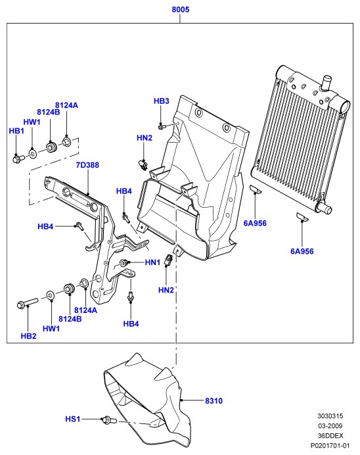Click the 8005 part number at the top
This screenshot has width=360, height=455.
[180, 10]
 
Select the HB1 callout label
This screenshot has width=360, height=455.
[16, 131]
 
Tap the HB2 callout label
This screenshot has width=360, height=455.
[28, 336]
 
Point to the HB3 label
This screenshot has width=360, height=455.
[161, 101]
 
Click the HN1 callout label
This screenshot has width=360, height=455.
[152, 262]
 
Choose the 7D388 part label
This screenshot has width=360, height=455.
[87, 165]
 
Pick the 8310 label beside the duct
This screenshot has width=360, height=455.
[214, 400]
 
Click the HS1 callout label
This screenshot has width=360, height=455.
[73, 419]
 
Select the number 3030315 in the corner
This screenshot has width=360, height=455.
[330, 416]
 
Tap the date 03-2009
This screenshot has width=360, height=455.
[330, 426]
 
